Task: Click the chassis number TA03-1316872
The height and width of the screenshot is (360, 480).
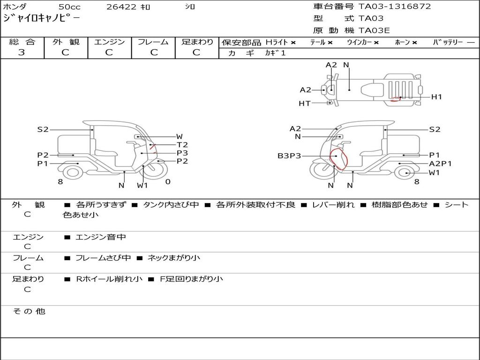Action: pos(395,7)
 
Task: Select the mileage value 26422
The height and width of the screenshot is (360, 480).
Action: pos(121,7)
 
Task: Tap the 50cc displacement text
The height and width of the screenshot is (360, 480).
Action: pos(69,7)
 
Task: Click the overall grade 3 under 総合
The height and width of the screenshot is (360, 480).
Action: pos(22,52)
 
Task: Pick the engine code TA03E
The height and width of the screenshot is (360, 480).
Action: pos(374,30)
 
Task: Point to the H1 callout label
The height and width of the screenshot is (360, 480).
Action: pos(436,97)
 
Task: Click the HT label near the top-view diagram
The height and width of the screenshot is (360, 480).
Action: pos(305,104)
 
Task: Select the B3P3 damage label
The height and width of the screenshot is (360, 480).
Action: pos(289,156)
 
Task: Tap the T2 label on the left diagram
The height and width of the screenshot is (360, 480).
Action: pos(182,145)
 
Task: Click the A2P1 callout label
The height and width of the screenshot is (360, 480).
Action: pos(441,164)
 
